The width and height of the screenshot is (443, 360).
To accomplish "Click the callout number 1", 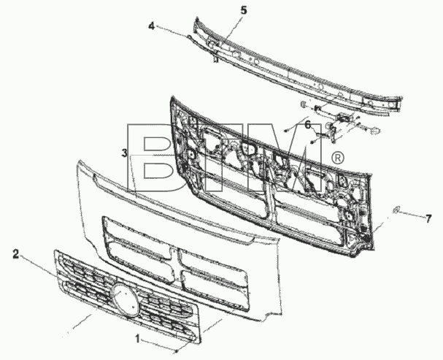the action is (138, 339).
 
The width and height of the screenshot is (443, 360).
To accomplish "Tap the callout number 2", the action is (16, 254).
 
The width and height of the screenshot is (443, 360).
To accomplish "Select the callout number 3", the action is (124, 153).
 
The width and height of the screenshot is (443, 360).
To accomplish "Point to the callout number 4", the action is (151, 26).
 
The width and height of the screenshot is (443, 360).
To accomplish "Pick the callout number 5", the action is (244, 10).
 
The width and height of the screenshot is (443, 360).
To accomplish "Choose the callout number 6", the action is (308, 124).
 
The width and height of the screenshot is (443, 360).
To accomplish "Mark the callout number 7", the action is (428, 218).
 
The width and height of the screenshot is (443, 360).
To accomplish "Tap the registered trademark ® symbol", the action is (337, 158).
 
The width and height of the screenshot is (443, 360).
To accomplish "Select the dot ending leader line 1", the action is (177, 352).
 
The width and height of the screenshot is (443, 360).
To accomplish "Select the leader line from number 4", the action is (172, 31).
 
